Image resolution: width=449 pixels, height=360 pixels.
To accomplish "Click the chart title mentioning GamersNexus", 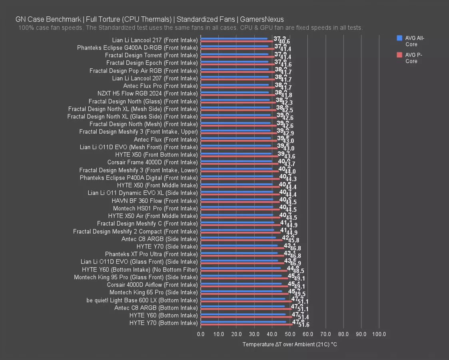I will pos(150,19).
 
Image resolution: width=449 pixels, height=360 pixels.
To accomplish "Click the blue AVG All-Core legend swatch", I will pos(399,38).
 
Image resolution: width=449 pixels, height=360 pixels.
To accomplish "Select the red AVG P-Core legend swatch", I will pos(399,55).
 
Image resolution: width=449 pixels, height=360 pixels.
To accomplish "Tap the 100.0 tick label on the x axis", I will pos(379,334).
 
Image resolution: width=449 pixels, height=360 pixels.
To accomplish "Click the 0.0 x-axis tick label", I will pos(201,334).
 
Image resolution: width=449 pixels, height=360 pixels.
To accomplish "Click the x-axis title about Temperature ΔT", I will pos(289,344).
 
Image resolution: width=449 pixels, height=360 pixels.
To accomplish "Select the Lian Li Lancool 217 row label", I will pos(155,40).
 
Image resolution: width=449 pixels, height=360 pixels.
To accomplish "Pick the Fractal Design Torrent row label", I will pos(151,55).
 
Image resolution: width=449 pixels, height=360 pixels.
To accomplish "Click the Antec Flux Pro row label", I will pos(160,86).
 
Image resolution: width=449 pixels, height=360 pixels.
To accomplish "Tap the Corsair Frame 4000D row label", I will pos(152,162).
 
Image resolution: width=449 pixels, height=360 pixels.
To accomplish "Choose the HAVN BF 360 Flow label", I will pos(155,201).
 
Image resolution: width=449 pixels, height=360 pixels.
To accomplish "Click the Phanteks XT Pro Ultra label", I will pos(151,254).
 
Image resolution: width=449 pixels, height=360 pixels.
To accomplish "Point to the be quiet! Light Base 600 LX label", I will pos(142,300).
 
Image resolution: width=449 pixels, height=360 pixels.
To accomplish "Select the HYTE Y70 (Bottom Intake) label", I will pos(164,323).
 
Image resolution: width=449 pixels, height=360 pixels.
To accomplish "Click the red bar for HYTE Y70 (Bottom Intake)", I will pos(246,324).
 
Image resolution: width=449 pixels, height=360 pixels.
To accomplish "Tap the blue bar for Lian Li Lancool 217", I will pos(234,39).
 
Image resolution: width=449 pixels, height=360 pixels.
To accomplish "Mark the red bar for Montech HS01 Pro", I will pos(240,210).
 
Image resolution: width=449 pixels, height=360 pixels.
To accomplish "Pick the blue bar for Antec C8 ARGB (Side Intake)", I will pos(238,238).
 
